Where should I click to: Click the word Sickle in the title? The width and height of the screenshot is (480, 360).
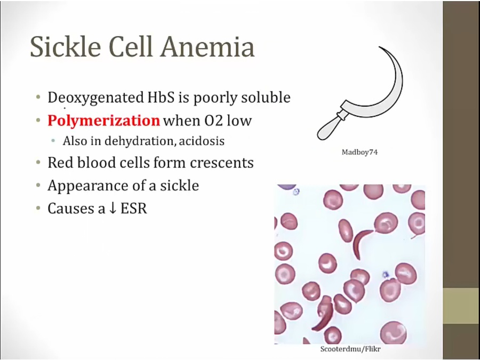point(66,47)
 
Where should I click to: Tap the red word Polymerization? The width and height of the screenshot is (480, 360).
point(104,121)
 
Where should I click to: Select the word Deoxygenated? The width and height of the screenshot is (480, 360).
point(95,98)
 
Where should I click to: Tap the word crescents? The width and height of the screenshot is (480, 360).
point(222,163)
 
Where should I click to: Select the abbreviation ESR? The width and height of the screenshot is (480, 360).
point(134,209)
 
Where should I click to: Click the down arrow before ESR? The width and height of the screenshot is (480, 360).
point(113,209)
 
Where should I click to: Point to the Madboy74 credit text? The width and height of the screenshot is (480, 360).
point(359,152)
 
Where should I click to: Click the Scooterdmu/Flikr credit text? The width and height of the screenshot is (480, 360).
point(350,349)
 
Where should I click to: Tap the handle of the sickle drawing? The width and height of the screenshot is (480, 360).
point(330,127)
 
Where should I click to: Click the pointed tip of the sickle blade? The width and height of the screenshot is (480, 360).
point(379,47)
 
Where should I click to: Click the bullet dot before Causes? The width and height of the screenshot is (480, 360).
point(38,209)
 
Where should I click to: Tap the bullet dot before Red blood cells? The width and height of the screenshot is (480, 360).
point(38,163)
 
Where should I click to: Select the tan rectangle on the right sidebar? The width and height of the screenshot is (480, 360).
point(461,306)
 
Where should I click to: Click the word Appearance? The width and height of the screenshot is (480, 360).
point(87,186)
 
